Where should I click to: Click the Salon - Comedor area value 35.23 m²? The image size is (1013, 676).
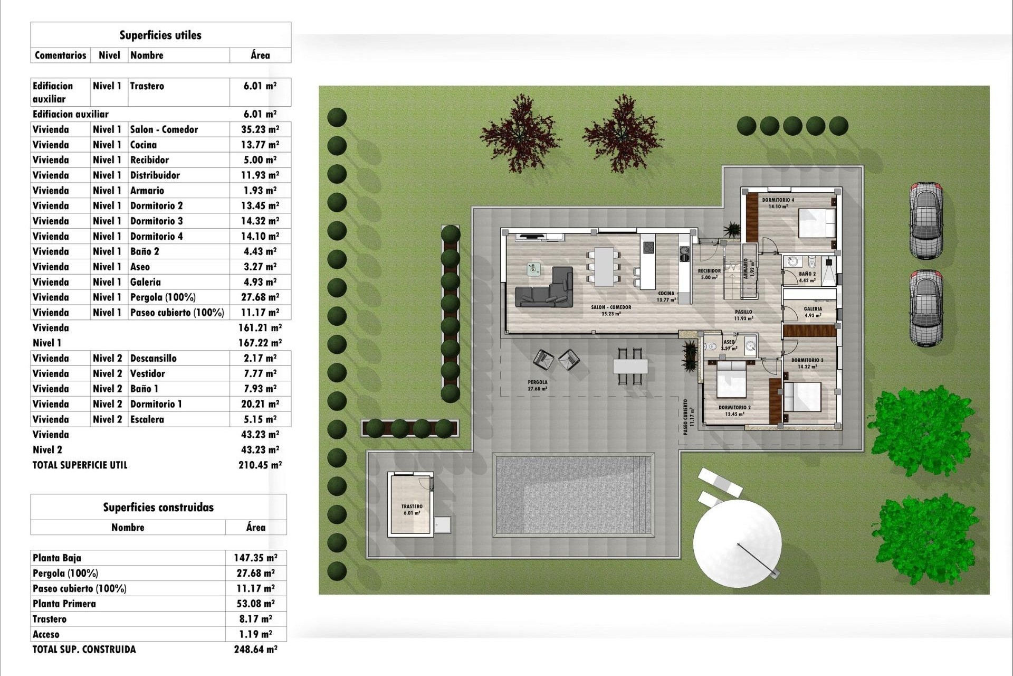click(x=260, y=129)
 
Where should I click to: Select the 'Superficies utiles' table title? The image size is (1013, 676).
click(x=160, y=35)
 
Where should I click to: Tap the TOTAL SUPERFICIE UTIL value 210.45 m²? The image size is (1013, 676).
click(x=260, y=465)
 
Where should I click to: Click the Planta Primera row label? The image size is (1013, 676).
click(x=64, y=604)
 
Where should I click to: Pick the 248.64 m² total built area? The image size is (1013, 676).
click(x=255, y=650)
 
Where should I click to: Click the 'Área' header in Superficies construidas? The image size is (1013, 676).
click(x=255, y=527)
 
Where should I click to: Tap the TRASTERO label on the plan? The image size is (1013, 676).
click(x=412, y=506)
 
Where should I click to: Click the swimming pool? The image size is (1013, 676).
click(x=573, y=495)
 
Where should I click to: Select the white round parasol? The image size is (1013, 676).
click(x=737, y=543)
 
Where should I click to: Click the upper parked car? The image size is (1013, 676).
click(x=926, y=220)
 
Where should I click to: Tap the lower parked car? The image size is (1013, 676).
click(x=926, y=308)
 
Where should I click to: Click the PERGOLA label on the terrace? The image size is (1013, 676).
click(x=537, y=382)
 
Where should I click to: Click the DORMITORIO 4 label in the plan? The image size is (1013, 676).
click(x=778, y=200)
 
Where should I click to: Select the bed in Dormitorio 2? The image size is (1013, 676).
click(x=731, y=379)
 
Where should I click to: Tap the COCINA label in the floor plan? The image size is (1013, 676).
click(x=666, y=294)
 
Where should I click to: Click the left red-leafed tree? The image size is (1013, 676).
click(x=520, y=133)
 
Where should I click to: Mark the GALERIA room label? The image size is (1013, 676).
click(x=813, y=309)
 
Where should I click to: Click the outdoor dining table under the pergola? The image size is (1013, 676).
click(x=630, y=365)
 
